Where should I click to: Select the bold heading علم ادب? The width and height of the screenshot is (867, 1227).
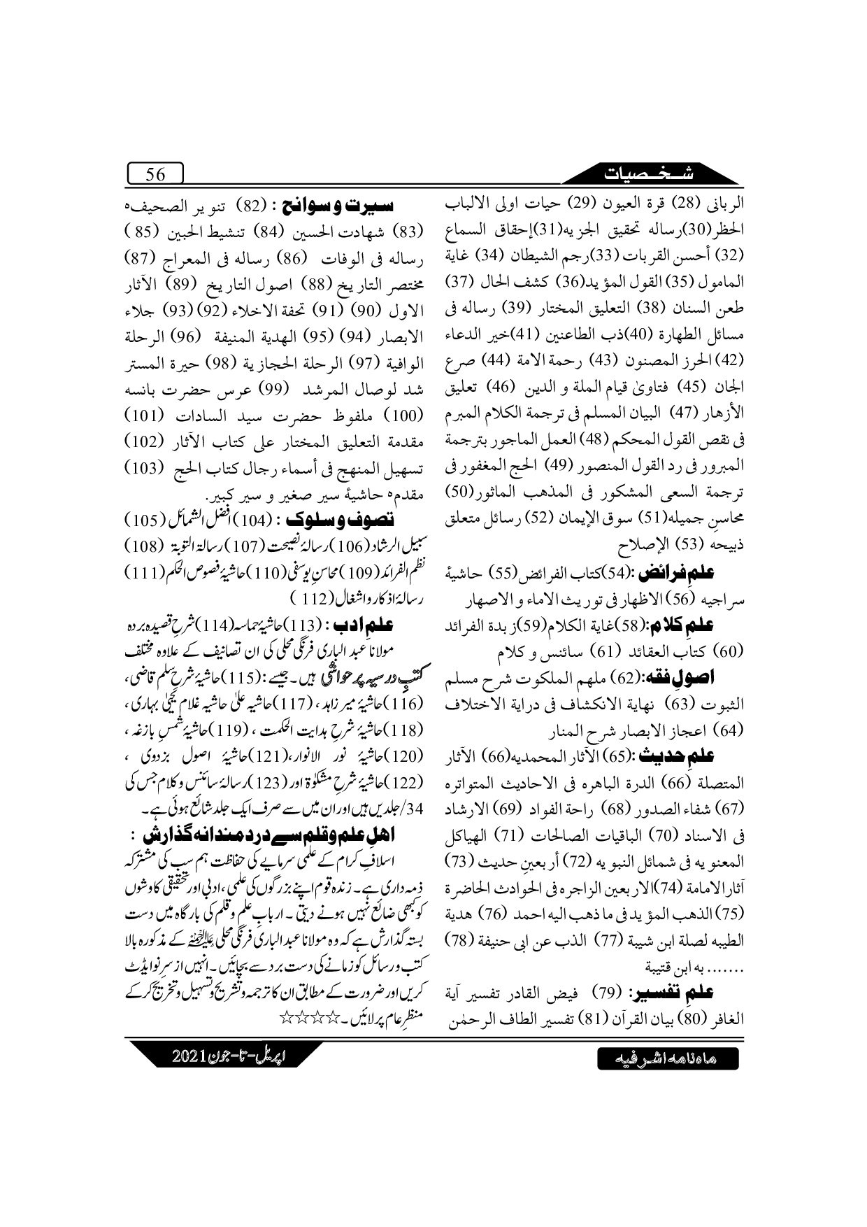[371, 624]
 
